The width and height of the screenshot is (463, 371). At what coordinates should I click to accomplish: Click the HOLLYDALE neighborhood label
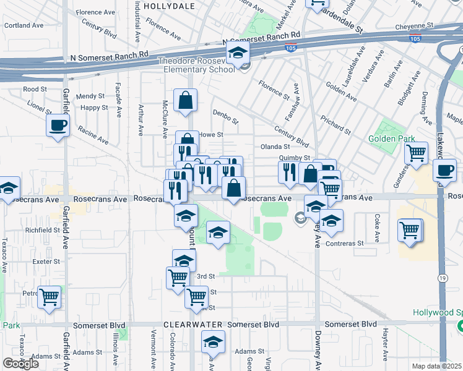pyautogui.click(x=169, y=6)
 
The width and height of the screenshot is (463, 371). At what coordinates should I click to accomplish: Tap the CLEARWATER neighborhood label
pyautogui.click(x=192, y=325)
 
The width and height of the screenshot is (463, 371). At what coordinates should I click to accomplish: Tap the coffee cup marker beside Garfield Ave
pyautogui.click(x=58, y=126)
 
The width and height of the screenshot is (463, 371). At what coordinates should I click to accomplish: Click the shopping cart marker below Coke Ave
pyautogui.click(x=410, y=231)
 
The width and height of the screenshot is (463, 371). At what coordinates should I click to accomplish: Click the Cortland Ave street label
pyautogui.click(x=24, y=26)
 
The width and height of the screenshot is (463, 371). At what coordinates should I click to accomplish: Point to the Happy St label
pyautogui.click(x=94, y=108)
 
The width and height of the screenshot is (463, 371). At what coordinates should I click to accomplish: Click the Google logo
pyautogui.click(x=20, y=364)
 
